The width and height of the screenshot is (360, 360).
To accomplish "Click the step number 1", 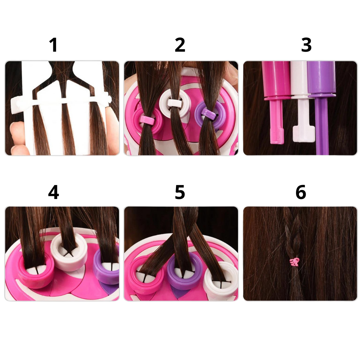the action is pyautogui.click(x=53, y=45).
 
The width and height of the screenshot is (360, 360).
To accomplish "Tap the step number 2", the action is pyautogui.click(x=180, y=45).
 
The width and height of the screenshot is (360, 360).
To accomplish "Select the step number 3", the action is pyautogui.click(x=306, y=45).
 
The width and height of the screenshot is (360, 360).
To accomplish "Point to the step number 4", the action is pyautogui.click(x=53, y=192).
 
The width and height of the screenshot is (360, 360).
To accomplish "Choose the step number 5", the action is pyautogui.click(x=180, y=192).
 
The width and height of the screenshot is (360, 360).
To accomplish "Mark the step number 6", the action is pyautogui.click(x=301, y=192).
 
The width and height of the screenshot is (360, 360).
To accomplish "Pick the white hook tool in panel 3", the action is pyautogui.click(x=303, y=101).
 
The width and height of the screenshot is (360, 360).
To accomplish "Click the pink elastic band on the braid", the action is pyautogui.click(x=295, y=262).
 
